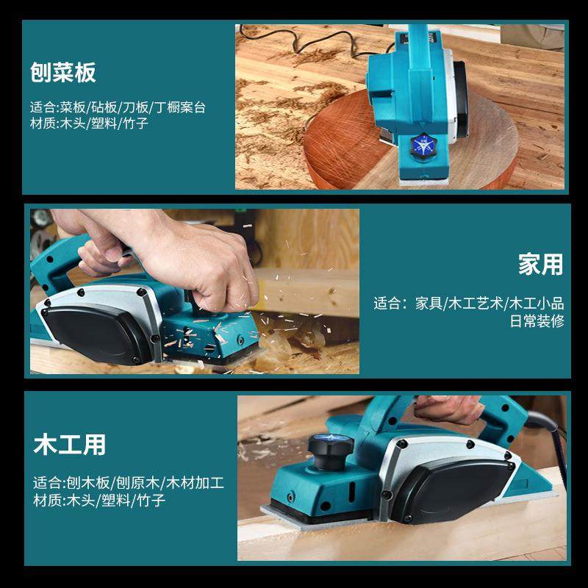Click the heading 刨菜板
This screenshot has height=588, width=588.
coord(63,73)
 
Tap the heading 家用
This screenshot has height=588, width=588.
coord(540,265)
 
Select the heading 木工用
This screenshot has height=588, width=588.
coord(69,445)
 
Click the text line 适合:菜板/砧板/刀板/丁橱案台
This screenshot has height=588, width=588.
coord(118,107)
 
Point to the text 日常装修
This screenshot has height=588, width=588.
coord(537,321)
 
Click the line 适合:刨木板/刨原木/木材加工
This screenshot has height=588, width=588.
coord(129,483)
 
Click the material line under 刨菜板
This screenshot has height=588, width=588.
coord(90,123)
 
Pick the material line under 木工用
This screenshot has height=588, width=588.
coord(99,501)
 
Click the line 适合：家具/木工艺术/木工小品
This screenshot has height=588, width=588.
coord(469,303)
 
